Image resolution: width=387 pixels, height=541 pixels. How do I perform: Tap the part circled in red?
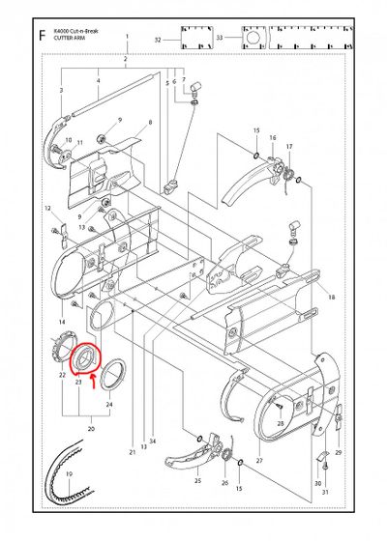(87, 357)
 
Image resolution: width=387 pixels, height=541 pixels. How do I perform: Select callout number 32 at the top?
(157, 41)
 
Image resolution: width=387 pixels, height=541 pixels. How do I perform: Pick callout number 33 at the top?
(220, 40)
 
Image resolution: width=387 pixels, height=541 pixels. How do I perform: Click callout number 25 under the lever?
(198, 480)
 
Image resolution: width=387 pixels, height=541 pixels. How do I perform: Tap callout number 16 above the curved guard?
(273, 138)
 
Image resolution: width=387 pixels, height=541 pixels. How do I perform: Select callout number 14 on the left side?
(62, 322)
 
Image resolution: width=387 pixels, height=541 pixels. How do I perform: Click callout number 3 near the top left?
(61, 91)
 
